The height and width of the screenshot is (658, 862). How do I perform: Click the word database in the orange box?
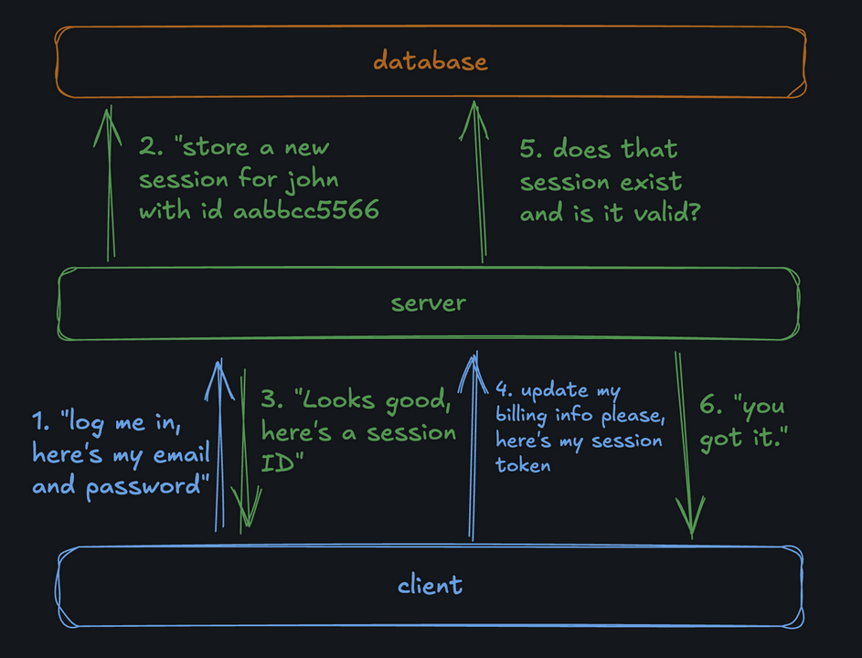tap(430, 60)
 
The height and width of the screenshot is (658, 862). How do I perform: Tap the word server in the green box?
tap(429, 302)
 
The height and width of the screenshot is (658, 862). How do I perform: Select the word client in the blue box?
tap(430, 584)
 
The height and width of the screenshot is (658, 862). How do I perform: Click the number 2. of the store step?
tap(151, 146)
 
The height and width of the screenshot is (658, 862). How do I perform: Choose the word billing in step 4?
tap(521, 415)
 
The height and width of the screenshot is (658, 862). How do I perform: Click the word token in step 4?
tap(523, 465)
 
